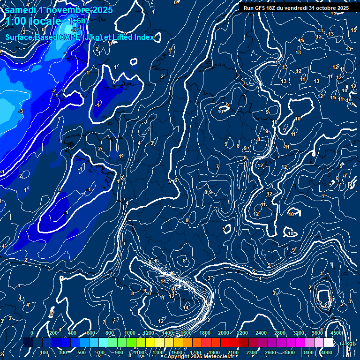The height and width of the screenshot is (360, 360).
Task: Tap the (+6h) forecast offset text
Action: click(x=78, y=21)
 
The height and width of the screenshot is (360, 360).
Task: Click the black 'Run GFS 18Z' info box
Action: click(x=296, y=7)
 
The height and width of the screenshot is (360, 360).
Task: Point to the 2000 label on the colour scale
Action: click(x=224, y=333)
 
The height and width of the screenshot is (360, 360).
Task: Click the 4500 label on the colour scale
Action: click(x=336, y=333)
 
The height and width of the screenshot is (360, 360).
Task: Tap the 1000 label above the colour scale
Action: click(x=130, y=333)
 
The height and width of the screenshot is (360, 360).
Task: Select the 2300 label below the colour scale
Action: click(x=252, y=352)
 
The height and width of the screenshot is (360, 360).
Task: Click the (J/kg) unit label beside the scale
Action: click(x=347, y=343)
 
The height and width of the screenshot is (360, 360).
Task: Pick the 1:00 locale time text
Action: click(x=33, y=21)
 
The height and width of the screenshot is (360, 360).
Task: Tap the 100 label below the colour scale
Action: click(x=44, y=352)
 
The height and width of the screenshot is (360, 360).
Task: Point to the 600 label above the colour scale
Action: click(x=91, y=333)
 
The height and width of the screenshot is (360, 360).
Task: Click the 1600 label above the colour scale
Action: click(x=186, y=333)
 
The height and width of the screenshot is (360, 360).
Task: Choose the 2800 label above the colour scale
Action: click(x=280, y=333)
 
